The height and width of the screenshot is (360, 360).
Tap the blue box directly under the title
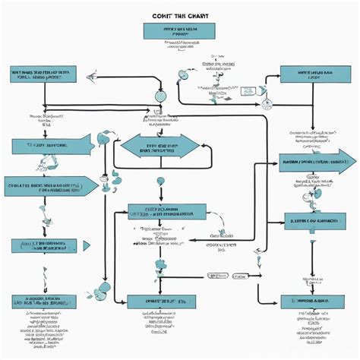(x=178, y=30)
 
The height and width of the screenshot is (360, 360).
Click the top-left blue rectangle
(x=43, y=74)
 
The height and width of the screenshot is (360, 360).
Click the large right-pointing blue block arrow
(x=317, y=161)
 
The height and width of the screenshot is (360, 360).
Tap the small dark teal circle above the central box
(x=160, y=181)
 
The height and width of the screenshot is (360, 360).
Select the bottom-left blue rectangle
(x=44, y=246)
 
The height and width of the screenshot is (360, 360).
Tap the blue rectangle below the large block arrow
(x=312, y=222)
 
